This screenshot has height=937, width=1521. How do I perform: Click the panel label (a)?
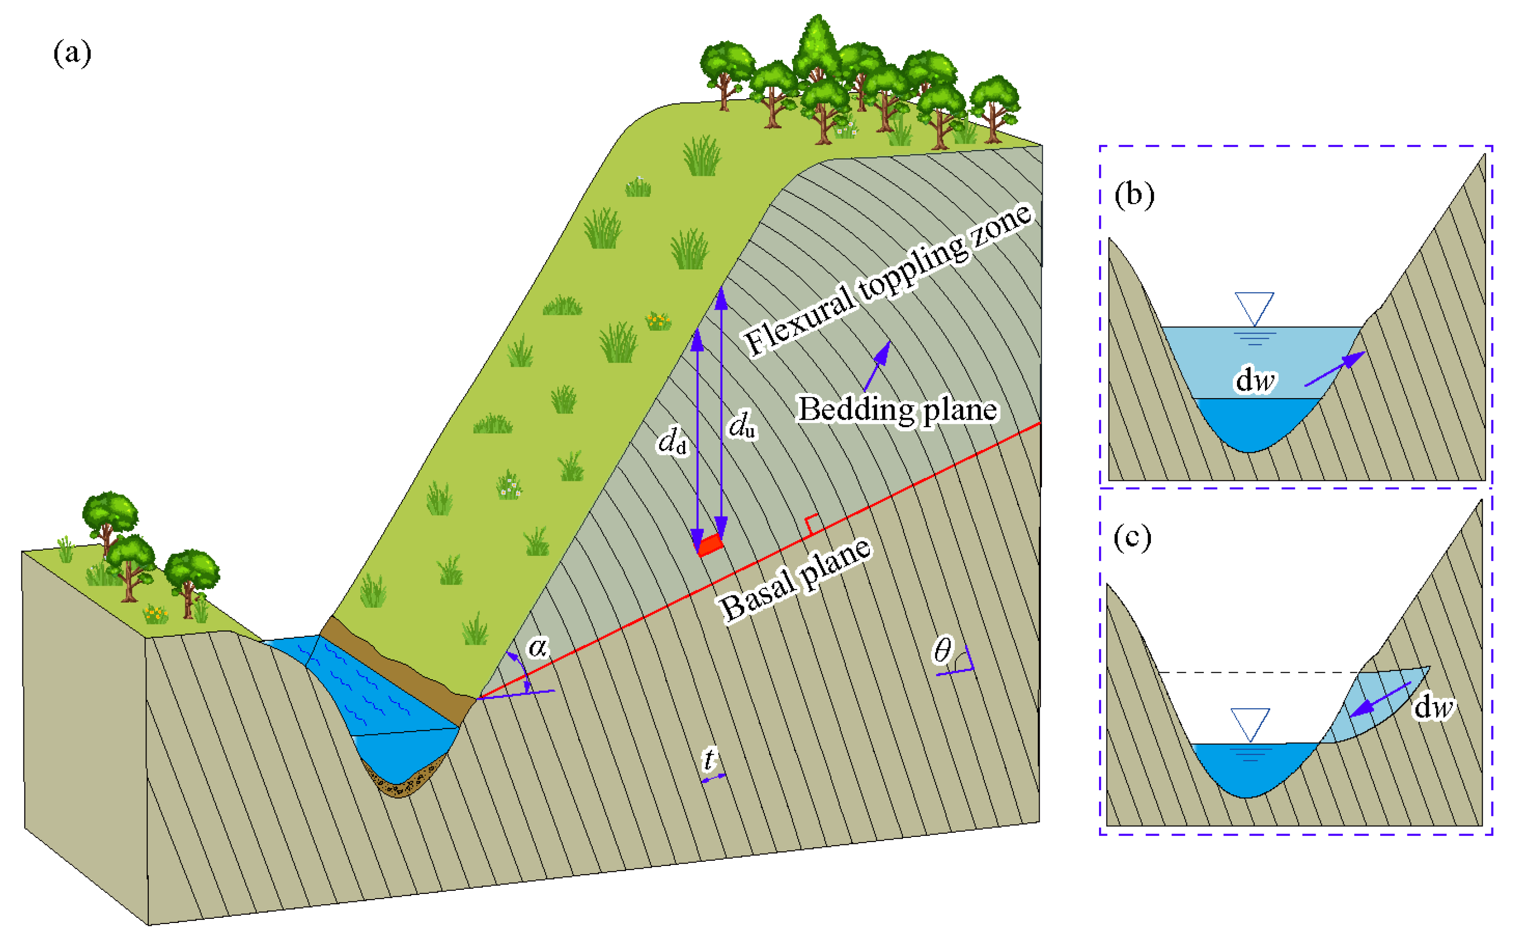point(72,53)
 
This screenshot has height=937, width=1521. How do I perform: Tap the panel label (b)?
point(1134,195)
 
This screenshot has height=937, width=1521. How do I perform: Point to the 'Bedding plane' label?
point(897,410)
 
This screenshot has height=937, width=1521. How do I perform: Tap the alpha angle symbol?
point(538,647)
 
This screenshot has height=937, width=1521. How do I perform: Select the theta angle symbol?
point(942,650)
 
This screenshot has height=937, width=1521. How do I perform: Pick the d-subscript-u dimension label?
point(741,426)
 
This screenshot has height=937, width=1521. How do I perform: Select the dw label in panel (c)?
point(1433,706)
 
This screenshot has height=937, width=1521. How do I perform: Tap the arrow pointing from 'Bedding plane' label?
point(877,365)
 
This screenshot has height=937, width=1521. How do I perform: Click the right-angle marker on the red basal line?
point(811,523)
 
